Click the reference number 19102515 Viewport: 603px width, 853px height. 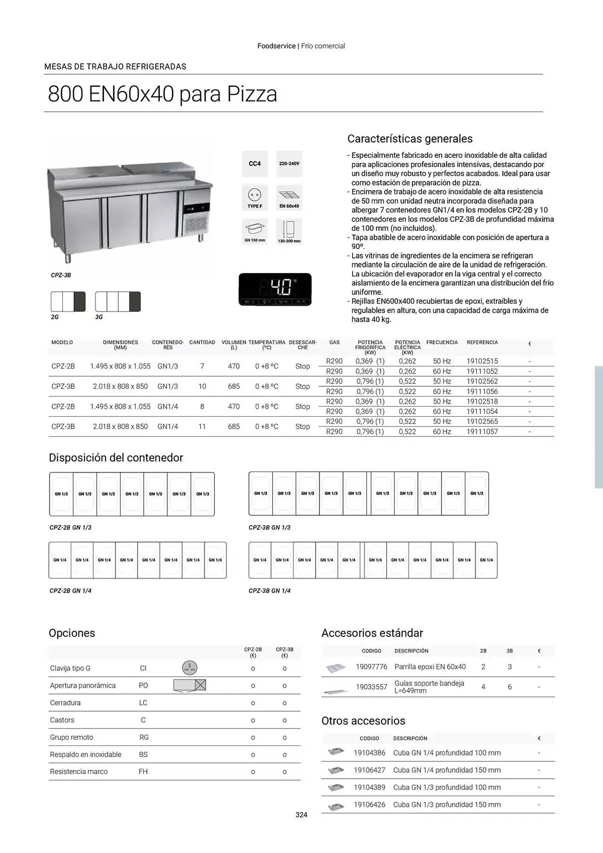[482, 361]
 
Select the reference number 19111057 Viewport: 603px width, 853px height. [482, 432]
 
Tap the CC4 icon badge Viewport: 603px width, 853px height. [255, 164]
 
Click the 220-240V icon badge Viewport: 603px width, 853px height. [289, 164]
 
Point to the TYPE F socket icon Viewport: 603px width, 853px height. [255, 197]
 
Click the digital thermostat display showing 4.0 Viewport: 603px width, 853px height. [275, 289]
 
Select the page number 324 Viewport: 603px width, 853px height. [301, 815]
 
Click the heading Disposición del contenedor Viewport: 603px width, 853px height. [116, 458]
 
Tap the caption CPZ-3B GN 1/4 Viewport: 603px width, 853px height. [270, 591]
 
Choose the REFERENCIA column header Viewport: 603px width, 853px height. [482, 342]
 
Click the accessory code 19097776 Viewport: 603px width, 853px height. [371, 667]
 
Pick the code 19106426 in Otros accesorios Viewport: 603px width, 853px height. [369, 804]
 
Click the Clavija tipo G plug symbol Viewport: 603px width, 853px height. [190, 667]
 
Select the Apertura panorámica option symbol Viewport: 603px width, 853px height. [190, 685]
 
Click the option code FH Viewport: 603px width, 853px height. [143, 772]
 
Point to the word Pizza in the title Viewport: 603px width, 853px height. [252, 94]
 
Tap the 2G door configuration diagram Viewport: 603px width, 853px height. [68, 302]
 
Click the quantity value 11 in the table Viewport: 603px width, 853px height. [202, 426]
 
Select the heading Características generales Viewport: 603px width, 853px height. [410, 139]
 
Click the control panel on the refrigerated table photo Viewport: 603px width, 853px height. [197, 209]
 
